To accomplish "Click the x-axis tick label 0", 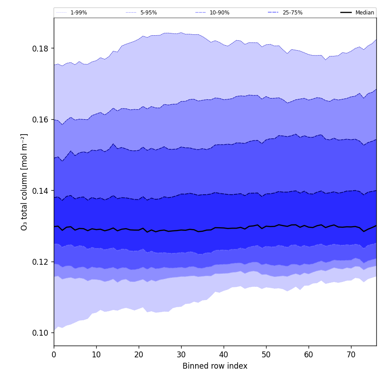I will click(54, 355).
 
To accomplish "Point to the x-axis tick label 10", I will click(96, 355).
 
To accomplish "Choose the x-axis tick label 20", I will click(139, 355).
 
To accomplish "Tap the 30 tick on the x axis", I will click(181, 355).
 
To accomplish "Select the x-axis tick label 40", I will click(224, 355).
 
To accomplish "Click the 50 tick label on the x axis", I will click(266, 355).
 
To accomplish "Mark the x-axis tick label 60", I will click(309, 355).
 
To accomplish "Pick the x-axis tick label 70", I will click(351, 355).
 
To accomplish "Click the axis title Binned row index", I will click(215, 366).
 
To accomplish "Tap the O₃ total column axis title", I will click(24, 182).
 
